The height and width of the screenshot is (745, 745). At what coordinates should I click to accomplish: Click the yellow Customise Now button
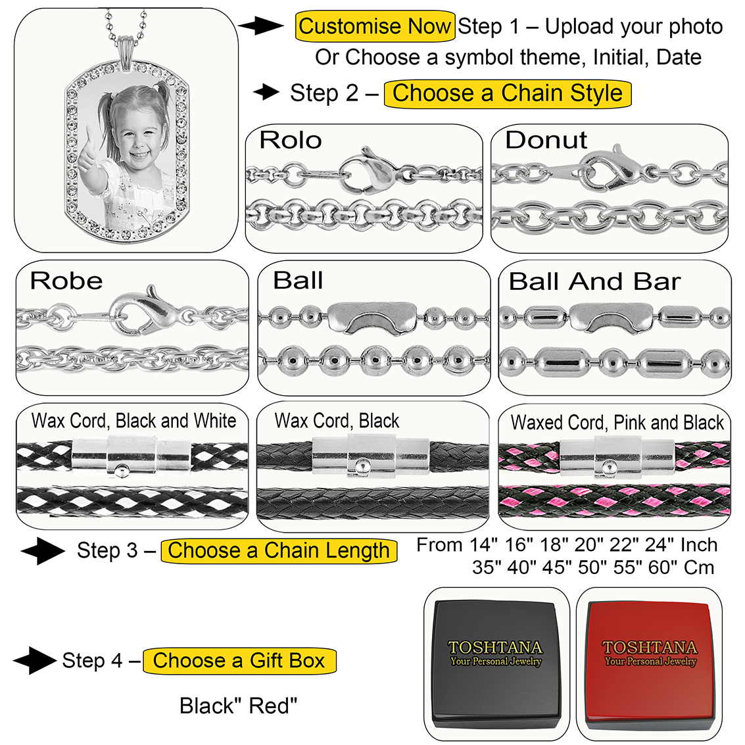pyautogui.click(x=374, y=27)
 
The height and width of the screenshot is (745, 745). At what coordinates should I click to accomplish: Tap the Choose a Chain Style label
pyautogui.click(x=507, y=93)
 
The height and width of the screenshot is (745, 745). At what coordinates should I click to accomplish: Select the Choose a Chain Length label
pyautogui.click(x=279, y=550)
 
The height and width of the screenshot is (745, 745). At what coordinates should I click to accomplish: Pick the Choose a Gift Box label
pyautogui.click(x=239, y=660)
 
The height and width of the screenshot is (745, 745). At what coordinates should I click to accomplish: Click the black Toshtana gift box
pyautogui.click(x=496, y=663)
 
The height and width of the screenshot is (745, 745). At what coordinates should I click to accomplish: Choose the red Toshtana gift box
pyautogui.click(x=650, y=663)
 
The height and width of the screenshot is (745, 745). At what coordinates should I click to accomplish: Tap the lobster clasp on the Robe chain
pyautogui.click(x=140, y=312)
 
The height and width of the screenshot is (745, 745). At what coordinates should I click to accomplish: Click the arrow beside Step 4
pyautogui.click(x=34, y=660)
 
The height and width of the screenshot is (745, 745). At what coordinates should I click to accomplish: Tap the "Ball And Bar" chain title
pyautogui.click(x=594, y=282)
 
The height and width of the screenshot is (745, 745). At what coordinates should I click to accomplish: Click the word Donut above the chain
pyautogui.click(x=546, y=140)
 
